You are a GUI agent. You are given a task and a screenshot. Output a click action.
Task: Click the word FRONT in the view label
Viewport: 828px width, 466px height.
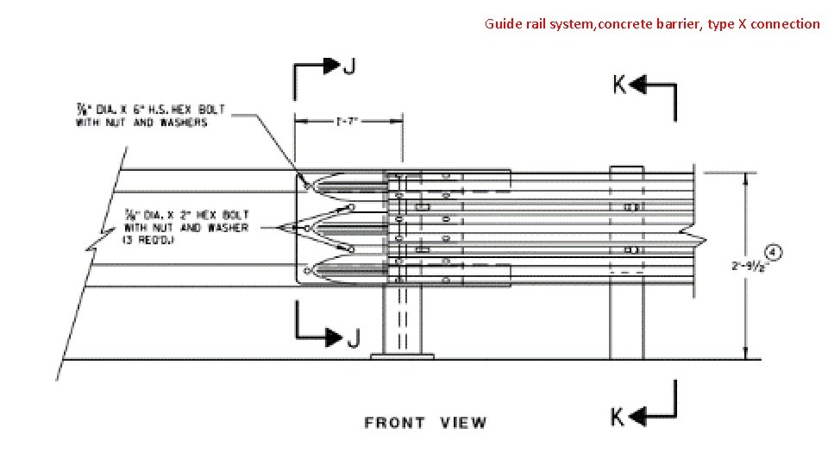coord(394,423)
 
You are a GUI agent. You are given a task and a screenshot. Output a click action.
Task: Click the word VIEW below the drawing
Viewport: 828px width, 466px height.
coord(463,423)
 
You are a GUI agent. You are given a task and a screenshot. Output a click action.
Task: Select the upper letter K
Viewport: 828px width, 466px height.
coord(619,85)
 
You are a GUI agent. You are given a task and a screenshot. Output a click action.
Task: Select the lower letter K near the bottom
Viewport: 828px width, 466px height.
coord(618,417)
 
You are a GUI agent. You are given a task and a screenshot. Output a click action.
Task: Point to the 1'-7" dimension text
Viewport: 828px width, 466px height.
coord(348,122)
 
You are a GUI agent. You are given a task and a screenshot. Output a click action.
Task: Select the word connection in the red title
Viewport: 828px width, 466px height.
coord(785,24)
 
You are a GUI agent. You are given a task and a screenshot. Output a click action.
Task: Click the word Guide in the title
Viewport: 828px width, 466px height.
coord(503,24)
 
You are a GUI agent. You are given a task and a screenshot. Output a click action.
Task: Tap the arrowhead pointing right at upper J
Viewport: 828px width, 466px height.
coord(330,65)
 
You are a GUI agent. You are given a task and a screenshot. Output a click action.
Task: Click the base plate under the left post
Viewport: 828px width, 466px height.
coord(402,356)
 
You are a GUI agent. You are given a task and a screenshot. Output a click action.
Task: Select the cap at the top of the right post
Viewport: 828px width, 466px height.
coord(627,169)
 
